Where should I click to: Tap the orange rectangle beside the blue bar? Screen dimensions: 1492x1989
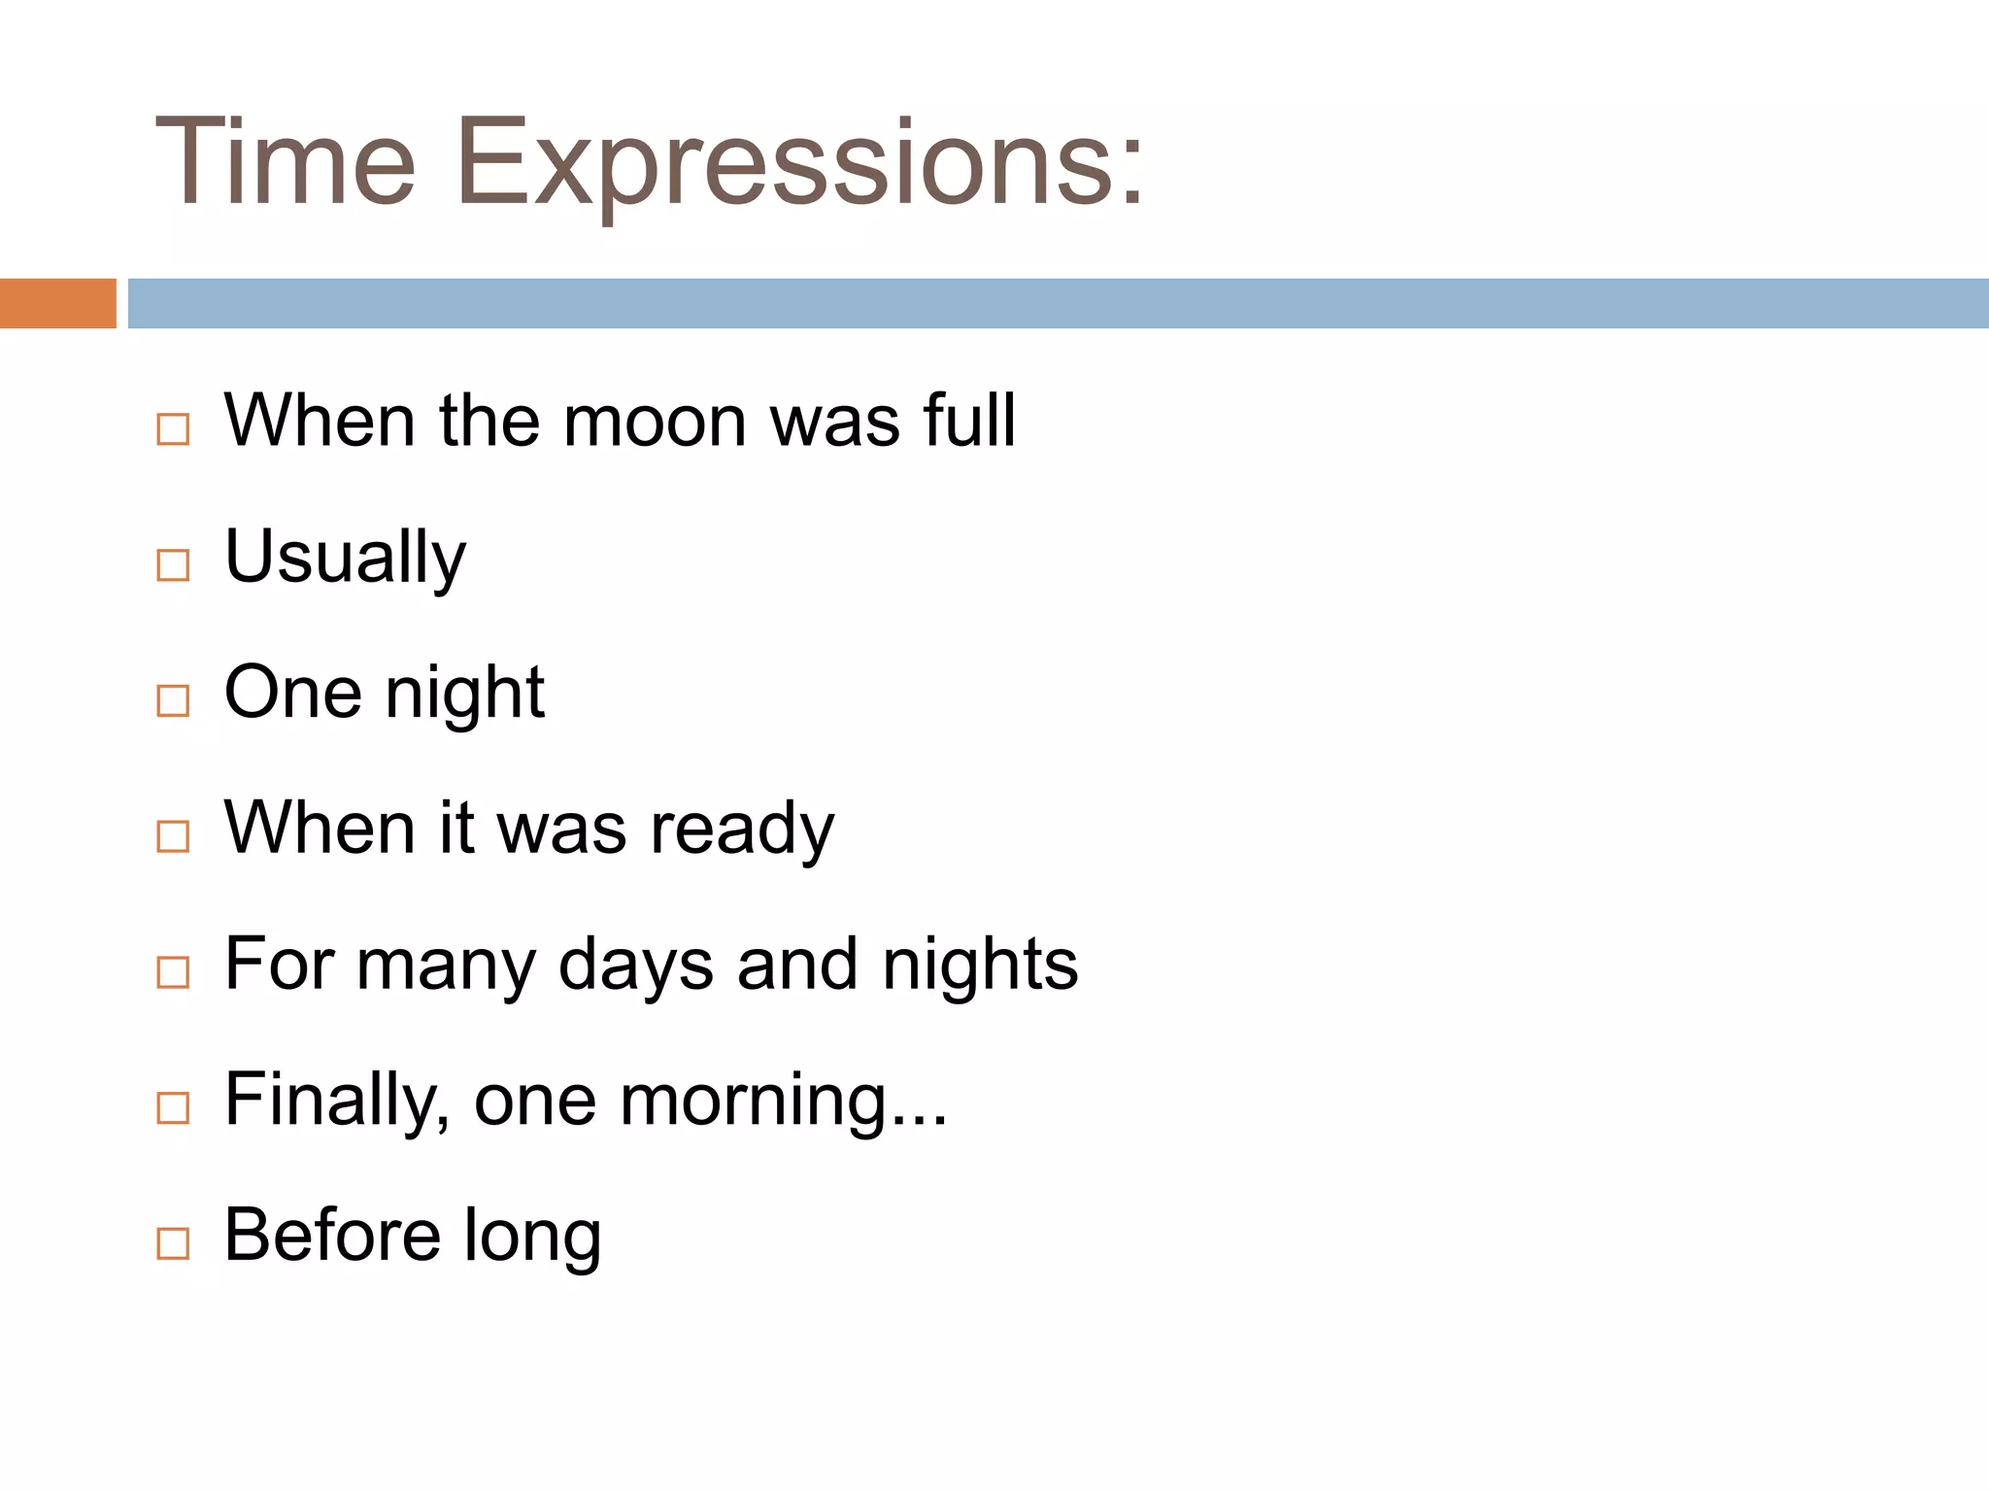(57, 303)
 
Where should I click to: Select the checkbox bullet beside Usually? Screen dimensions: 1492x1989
(173, 564)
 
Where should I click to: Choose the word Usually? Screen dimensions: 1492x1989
(345, 558)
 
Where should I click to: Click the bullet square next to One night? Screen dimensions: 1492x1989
(173, 700)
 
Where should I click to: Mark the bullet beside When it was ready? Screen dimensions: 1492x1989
(173, 835)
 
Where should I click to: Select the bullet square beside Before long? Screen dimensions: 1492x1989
(173, 1242)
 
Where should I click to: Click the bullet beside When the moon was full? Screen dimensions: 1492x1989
(173, 428)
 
